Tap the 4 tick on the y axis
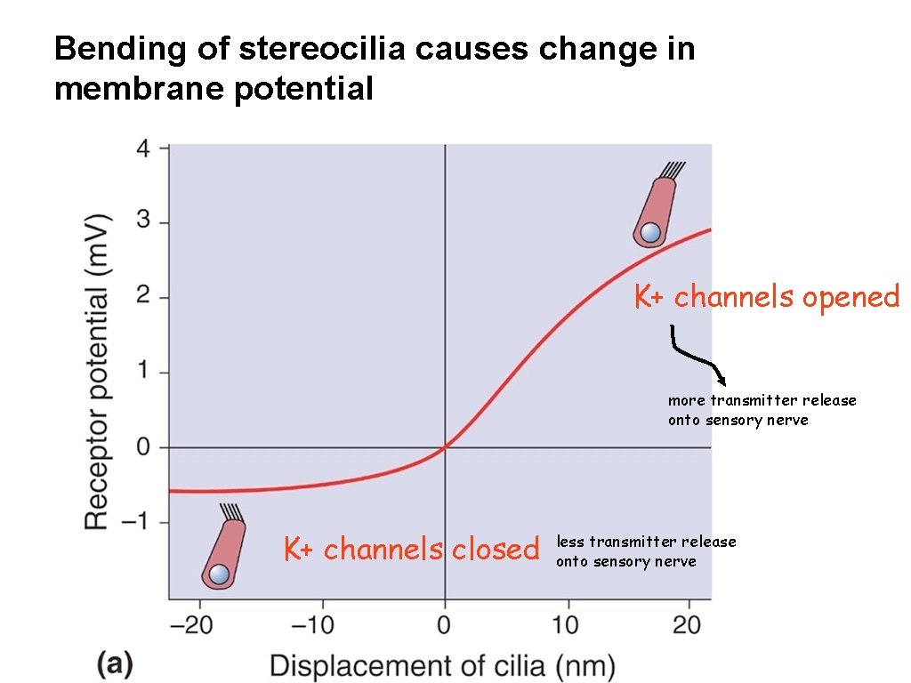click(x=141, y=148)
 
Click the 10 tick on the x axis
click(x=567, y=625)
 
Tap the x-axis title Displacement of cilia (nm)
click(x=441, y=665)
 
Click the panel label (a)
click(x=116, y=664)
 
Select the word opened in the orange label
click(x=851, y=297)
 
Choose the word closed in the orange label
click(x=495, y=550)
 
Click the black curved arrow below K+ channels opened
click(x=698, y=356)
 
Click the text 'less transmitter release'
click(x=646, y=542)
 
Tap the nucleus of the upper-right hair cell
click(x=651, y=233)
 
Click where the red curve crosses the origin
click(x=445, y=447)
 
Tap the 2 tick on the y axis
click(x=141, y=298)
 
